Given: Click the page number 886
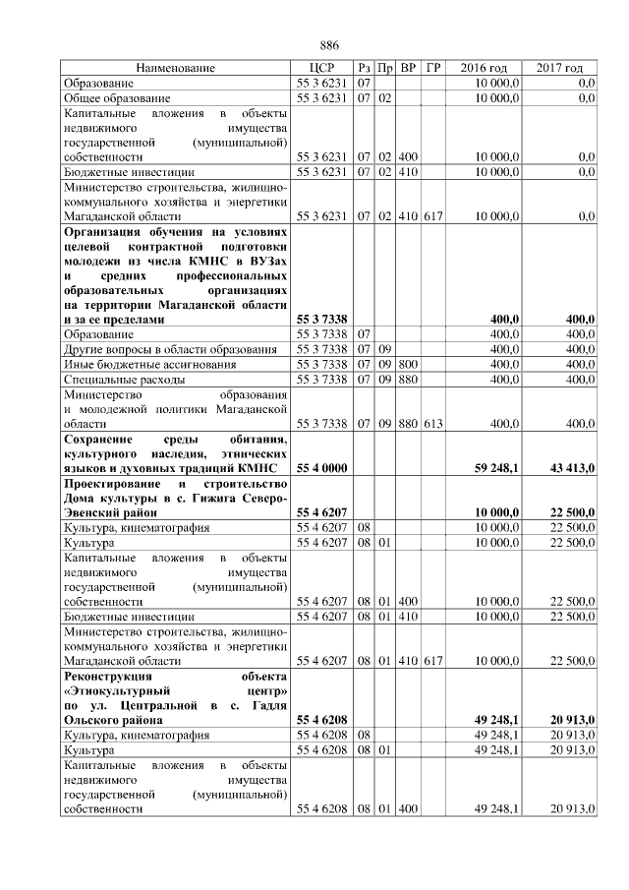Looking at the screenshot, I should (329, 45).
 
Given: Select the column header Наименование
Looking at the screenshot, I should (175, 68).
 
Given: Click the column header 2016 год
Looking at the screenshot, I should (484, 68).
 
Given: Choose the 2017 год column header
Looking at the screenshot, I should (559, 68).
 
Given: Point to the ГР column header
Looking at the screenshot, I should (434, 68).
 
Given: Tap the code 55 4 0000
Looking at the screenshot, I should (319, 468).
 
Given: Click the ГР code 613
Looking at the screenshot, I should (434, 423).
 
